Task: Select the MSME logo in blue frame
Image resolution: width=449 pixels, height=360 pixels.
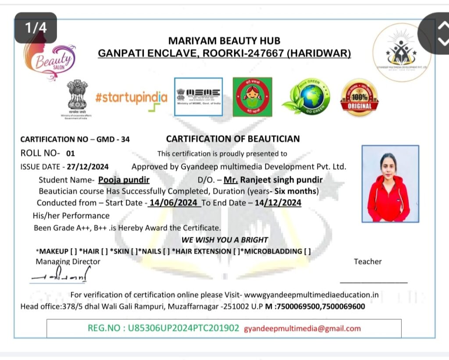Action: coord(198,97)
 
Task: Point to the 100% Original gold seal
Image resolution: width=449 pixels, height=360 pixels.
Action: coord(359,97)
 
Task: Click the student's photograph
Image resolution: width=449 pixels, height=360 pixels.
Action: coord(390,184)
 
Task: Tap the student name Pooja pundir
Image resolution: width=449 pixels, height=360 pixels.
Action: coord(124,180)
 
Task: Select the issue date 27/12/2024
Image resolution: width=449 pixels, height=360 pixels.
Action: coord(88,167)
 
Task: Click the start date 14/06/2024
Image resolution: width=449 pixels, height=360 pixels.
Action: coord(174,203)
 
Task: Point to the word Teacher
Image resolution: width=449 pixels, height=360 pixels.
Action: coord(367,262)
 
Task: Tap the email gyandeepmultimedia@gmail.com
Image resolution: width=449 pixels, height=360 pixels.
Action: coord(302,328)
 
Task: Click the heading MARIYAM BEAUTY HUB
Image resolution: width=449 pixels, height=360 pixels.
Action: coord(224,41)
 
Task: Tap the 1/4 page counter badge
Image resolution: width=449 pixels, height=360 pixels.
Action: coord(36,28)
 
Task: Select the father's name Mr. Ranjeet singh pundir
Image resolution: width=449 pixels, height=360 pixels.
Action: coord(273,180)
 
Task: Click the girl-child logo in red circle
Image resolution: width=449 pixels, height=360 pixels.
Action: coord(252,97)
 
